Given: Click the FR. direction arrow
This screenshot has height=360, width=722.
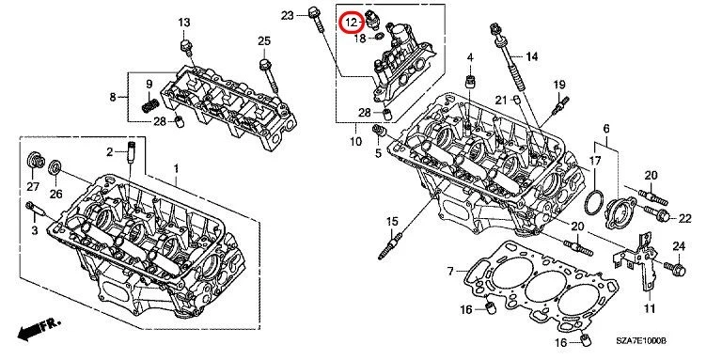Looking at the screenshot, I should [x=38, y=331].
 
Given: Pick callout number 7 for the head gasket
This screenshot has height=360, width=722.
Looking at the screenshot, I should [x=450, y=272].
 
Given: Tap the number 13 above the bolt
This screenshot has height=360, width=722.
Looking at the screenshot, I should [x=183, y=22].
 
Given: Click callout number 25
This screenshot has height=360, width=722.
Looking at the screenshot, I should [x=264, y=39].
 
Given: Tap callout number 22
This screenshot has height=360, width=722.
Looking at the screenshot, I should [x=684, y=218].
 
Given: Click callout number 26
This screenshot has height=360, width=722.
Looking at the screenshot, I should [x=56, y=195].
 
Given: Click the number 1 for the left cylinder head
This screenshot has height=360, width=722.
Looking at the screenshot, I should [x=175, y=167].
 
